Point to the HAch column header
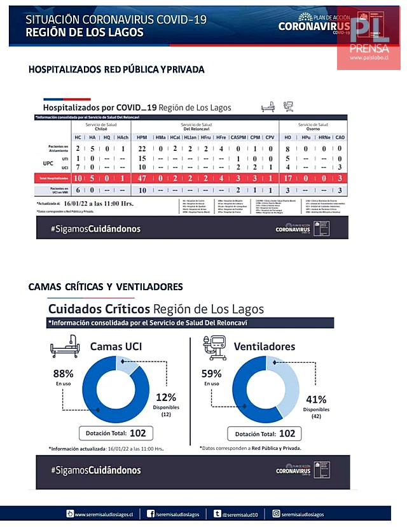[x=123, y=137]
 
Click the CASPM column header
[x=238, y=137]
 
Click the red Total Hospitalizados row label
[x=52, y=179]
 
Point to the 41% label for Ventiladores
[x=315, y=400]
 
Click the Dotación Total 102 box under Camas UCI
[x=114, y=433]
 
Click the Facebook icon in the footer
[x=151, y=514]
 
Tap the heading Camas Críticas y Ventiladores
[x=106, y=287]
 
